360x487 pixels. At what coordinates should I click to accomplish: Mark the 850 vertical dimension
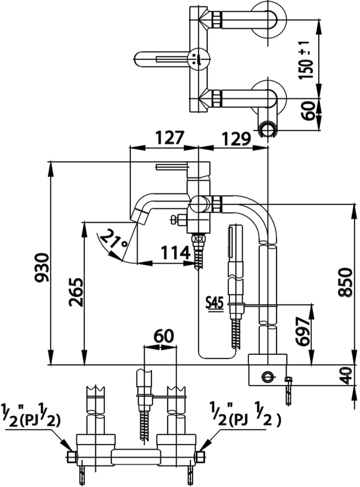coord(346,282)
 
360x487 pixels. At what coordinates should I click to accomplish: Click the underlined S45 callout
coord(214,303)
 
